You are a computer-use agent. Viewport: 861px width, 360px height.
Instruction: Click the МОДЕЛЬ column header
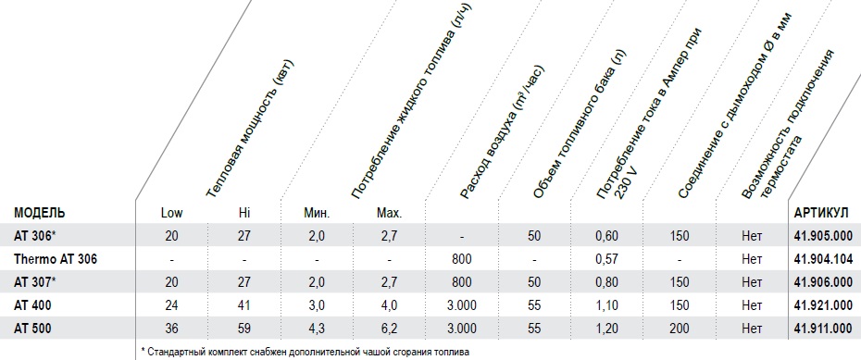point(40,213)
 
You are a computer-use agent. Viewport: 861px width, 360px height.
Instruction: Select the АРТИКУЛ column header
point(821,213)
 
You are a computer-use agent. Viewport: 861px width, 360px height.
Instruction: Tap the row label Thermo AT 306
point(56,259)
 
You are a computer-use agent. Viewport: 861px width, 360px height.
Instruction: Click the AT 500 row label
point(32,329)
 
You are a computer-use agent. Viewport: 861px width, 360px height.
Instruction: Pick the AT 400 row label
point(32,305)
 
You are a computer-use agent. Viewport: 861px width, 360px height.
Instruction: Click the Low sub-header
point(172,213)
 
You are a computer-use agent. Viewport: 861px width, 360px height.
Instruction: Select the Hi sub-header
point(243,213)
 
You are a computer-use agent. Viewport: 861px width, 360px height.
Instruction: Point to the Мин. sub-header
point(317,213)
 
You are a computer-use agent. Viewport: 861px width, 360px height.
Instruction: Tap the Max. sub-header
point(390,213)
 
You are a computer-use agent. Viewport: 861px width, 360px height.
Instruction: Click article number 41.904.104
point(824,259)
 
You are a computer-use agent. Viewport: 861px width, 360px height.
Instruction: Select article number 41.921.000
point(824,305)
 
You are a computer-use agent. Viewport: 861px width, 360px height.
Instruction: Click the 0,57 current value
point(606,259)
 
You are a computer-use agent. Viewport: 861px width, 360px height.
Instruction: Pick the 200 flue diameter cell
point(680,329)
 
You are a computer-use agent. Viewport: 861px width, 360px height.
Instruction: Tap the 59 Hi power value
point(243,329)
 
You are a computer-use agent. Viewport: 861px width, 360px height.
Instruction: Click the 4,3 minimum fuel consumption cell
point(317,329)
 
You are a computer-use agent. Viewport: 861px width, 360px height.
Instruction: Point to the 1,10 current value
point(606,305)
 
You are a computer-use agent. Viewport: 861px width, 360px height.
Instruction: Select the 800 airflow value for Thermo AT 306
point(462,259)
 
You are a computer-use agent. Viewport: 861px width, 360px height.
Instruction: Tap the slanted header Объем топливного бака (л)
point(580,124)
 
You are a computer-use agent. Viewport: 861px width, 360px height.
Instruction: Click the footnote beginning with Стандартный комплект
point(306,352)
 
